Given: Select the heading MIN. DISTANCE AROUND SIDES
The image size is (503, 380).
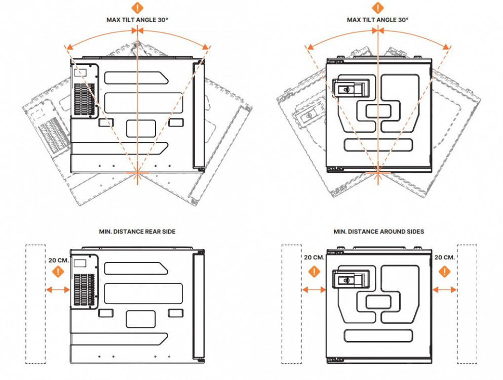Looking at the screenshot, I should click(x=378, y=232).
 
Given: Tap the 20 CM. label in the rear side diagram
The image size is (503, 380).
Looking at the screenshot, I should click(x=58, y=259).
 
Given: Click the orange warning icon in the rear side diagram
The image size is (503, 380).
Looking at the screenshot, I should click(x=58, y=272).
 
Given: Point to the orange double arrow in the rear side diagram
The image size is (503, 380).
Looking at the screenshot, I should click(x=57, y=290).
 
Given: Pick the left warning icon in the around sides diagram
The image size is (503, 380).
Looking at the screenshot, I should click(x=314, y=272).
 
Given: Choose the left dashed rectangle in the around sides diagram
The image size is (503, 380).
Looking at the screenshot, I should click(x=291, y=304).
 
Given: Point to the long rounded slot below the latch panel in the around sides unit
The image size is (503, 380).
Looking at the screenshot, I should click(x=378, y=335).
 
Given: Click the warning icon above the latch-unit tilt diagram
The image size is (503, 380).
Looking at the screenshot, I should click(x=378, y=8).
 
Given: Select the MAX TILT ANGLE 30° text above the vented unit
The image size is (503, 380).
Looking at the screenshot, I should click(x=137, y=20).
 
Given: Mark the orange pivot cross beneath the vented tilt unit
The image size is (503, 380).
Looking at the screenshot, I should click(x=137, y=173).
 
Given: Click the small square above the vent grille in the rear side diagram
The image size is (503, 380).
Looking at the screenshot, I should click(x=80, y=263).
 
